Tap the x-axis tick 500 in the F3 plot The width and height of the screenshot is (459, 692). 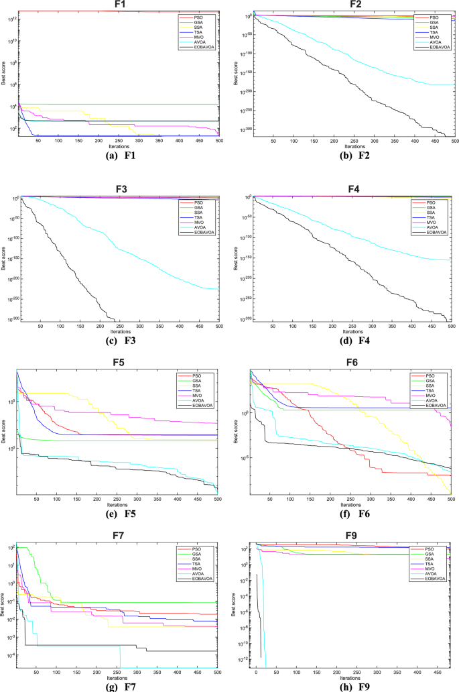pyautogui.click(x=218, y=326)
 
